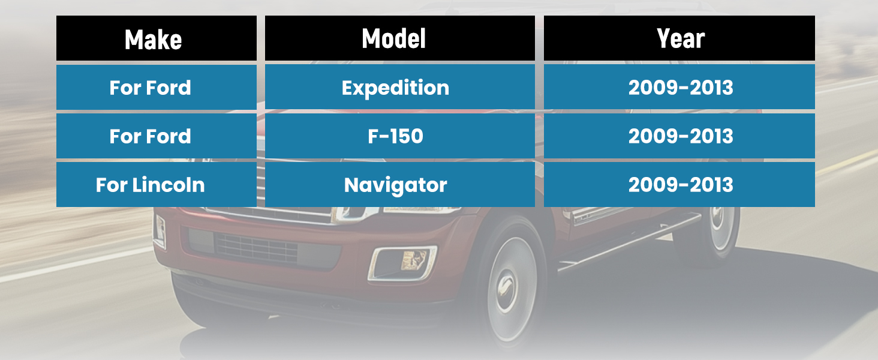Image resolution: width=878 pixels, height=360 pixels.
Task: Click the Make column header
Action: click(x=157, y=38)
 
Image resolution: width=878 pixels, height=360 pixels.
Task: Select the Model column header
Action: click(x=400, y=38)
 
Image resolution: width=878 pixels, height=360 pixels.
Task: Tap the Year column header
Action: click(x=679, y=38)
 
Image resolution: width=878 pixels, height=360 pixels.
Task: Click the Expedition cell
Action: click(x=400, y=87)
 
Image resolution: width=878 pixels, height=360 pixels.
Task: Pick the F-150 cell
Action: click(x=400, y=136)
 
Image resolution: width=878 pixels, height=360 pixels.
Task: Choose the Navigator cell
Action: click(x=400, y=184)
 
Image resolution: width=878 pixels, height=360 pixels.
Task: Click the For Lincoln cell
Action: click(x=157, y=184)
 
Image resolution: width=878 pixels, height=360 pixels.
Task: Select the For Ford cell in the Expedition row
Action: click(x=157, y=87)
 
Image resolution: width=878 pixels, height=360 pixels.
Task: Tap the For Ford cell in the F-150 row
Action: click(x=157, y=136)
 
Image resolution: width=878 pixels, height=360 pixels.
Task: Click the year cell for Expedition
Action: click(x=679, y=87)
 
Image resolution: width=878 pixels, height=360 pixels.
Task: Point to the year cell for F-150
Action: click(x=679, y=136)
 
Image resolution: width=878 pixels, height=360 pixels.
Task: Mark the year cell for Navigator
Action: click(x=679, y=184)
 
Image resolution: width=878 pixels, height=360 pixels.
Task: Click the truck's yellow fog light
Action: click(x=414, y=260)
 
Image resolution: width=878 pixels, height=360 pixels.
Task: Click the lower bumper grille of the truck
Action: click(x=257, y=248)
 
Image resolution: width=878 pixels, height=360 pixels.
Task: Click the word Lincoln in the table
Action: click(x=169, y=185)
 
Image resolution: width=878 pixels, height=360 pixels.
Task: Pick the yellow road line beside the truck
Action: click(x=847, y=161)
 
